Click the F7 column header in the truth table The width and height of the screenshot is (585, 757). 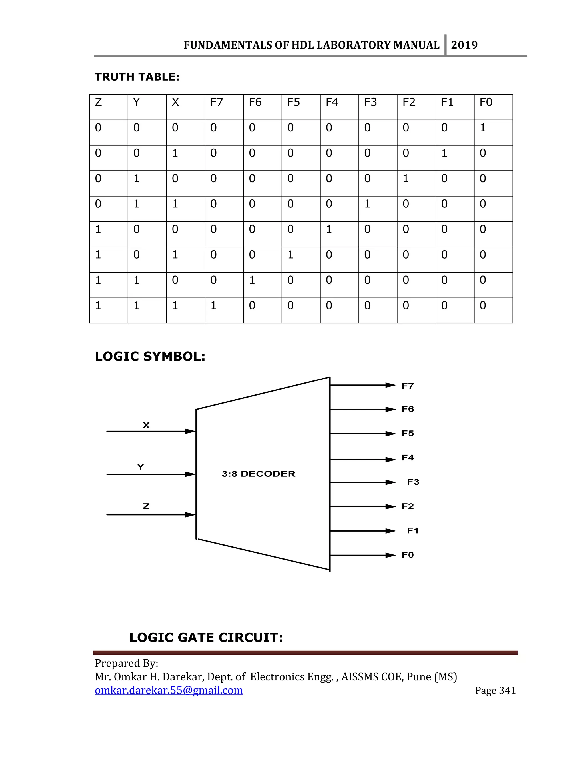[216, 102]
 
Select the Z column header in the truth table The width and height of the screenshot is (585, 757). [99, 102]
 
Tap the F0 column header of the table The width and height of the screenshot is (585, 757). [486, 102]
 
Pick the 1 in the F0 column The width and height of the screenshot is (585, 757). [482, 128]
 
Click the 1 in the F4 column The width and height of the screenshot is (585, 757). [329, 229]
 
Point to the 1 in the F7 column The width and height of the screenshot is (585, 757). [213, 305]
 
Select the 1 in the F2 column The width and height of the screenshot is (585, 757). [406, 179]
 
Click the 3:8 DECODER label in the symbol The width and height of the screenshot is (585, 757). [259, 474]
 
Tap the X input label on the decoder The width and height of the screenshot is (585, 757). [146, 425]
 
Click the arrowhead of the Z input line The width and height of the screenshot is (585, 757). [190, 515]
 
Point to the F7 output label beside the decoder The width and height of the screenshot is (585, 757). [408, 386]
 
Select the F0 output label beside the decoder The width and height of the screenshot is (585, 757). [408, 555]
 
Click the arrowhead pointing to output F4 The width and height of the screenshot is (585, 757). [391, 460]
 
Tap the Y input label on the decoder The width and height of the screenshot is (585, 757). [140, 467]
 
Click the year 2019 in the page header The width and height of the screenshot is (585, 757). [464, 45]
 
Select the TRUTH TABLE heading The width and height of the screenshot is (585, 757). [137, 77]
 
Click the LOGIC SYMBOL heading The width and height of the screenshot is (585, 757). [150, 356]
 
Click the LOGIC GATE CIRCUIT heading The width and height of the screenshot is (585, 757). [206, 637]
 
